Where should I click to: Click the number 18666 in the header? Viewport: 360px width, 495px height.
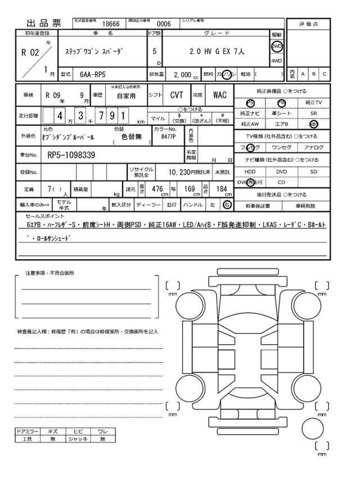(110, 24)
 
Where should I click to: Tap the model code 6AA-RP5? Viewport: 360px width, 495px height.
(92, 74)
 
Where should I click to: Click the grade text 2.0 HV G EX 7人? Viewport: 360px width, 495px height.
(217, 51)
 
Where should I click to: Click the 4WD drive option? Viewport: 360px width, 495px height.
(277, 60)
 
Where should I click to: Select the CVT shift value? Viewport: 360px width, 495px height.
(177, 96)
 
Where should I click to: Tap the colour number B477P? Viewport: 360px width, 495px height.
(168, 136)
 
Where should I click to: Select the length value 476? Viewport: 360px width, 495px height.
(158, 189)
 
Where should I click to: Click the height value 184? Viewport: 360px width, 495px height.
(221, 189)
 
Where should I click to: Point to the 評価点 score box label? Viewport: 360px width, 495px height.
(308, 24)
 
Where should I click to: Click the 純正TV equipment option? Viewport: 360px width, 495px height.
(314, 102)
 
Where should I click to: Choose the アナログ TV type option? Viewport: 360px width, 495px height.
(314, 147)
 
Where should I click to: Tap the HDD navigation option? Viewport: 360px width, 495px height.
(250, 171)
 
